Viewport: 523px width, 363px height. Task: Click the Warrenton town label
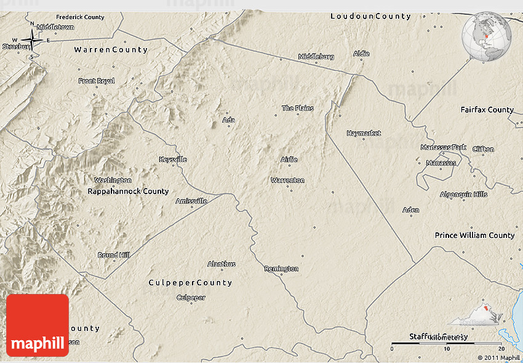[287, 181]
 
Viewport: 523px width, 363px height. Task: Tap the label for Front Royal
[97, 81]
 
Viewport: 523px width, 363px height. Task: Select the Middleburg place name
[316, 57]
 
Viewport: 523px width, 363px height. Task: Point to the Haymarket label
[363, 133]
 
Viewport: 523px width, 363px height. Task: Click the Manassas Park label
[444, 148]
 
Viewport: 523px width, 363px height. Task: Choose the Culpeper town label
[191, 298]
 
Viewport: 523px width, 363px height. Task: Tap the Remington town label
[281, 269]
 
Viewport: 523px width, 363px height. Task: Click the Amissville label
[191, 201]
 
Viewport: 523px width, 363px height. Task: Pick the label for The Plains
[298, 108]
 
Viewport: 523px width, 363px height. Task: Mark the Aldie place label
[361, 54]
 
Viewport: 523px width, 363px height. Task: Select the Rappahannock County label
[128, 192]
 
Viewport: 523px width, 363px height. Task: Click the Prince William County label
[474, 235]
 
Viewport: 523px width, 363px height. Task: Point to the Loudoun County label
[370, 16]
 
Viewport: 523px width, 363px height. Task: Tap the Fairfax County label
[487, 110]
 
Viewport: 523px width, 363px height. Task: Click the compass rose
[32, 41]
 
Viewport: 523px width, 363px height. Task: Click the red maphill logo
[38, 325]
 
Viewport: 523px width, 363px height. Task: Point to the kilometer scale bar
[446, 343]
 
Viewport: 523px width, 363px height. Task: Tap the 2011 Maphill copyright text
[498, 357]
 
